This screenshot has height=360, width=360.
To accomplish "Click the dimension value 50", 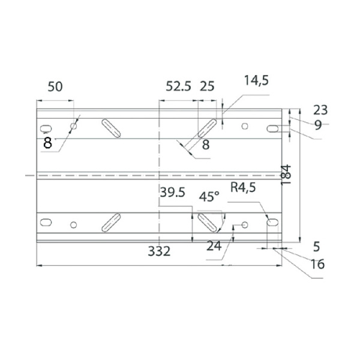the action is tap(55, 87).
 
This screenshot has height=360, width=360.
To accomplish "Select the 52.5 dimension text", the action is tap(178, 86).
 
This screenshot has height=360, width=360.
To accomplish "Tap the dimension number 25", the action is tap(207, 86).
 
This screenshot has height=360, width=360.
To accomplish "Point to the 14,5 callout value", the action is tap(256, 80).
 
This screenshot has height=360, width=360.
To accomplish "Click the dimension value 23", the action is tap(320, 110).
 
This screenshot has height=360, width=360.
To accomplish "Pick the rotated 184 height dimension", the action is tap(286, 175).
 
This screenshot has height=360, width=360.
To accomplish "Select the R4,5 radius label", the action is tap(243, 187).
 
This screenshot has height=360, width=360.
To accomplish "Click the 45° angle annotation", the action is tap(209, 197).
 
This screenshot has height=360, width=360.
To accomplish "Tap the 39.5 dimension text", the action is tap(172, 192).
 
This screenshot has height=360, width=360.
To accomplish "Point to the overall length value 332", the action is tap(159, 251).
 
